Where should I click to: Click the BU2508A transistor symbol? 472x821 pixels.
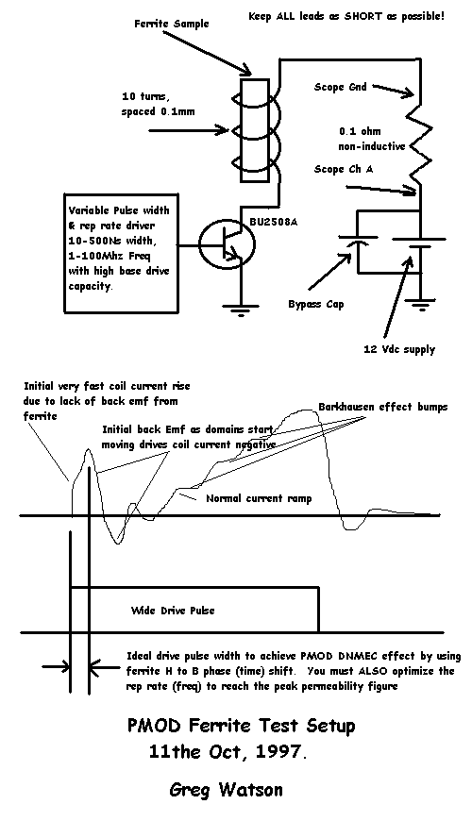click(x=228, y=245)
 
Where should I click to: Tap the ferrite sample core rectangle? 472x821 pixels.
click(x=255, y=131)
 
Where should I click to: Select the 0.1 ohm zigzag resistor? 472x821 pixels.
click(x=421, y=140)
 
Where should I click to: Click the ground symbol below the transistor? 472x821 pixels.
click(x=240, y=311)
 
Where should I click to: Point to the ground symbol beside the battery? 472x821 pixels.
click(x=421, y=305)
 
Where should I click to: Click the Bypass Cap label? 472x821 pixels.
click(x=316, y=304)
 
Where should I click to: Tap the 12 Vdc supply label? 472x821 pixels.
click(x=399, y=349)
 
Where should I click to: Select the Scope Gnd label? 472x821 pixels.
click(x=336, y=87)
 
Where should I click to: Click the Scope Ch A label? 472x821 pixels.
click(x=344, y=169)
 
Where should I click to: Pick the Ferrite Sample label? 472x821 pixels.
click(x=171, y=25)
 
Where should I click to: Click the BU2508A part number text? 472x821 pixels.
click(x=274, y=222)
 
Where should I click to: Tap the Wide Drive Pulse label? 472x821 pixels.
click(x=173, y=610)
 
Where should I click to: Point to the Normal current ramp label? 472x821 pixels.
click(x=259, y=498)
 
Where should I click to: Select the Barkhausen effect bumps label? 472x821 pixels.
click(x=383, y=407)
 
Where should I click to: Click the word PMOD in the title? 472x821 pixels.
click(x=154, y=726)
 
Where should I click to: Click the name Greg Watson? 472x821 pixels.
click(x=226, y=790)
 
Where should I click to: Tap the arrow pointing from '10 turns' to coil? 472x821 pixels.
click(x=190, y=129)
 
